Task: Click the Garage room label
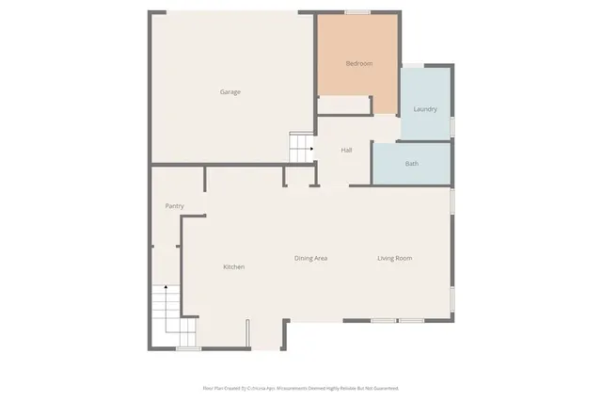230,92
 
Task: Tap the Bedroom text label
359,63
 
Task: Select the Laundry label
425,109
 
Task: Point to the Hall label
346,150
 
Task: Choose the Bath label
411,164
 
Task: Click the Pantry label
174,206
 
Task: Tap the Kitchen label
233,266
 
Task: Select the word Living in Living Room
387,258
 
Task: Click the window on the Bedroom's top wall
356,12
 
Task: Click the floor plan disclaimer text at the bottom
300,387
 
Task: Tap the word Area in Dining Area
319,258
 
